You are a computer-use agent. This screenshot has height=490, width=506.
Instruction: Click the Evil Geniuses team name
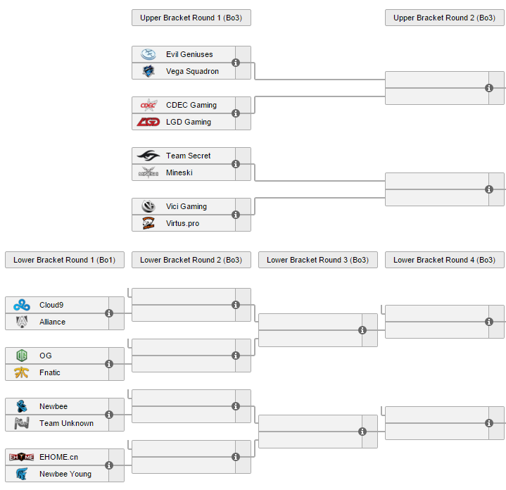189,54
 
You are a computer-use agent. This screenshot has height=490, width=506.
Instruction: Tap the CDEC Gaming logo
148,105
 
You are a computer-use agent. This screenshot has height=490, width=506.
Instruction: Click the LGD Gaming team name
188,122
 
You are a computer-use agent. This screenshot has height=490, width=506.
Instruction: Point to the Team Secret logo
148,156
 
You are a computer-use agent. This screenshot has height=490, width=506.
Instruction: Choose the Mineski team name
179,172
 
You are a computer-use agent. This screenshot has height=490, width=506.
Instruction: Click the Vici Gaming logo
148,206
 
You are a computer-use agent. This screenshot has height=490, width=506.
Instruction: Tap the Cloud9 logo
22,305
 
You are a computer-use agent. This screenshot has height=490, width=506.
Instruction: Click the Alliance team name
52,322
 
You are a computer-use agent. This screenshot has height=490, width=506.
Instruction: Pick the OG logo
22,356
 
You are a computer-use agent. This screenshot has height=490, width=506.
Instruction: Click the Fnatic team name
49,372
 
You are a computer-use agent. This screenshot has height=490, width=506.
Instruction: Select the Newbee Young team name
65,474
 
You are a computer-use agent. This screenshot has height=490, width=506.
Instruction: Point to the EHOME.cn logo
22,457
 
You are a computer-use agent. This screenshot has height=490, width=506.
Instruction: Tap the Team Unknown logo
22,423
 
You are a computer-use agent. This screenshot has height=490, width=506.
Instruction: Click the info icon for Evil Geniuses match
236,63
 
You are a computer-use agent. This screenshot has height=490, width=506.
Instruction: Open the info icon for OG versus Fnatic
109,364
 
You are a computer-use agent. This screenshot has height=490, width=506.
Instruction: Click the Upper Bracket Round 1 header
191,18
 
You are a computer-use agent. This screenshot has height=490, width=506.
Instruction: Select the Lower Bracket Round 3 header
317,260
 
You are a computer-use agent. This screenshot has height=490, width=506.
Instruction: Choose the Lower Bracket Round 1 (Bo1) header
64,260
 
